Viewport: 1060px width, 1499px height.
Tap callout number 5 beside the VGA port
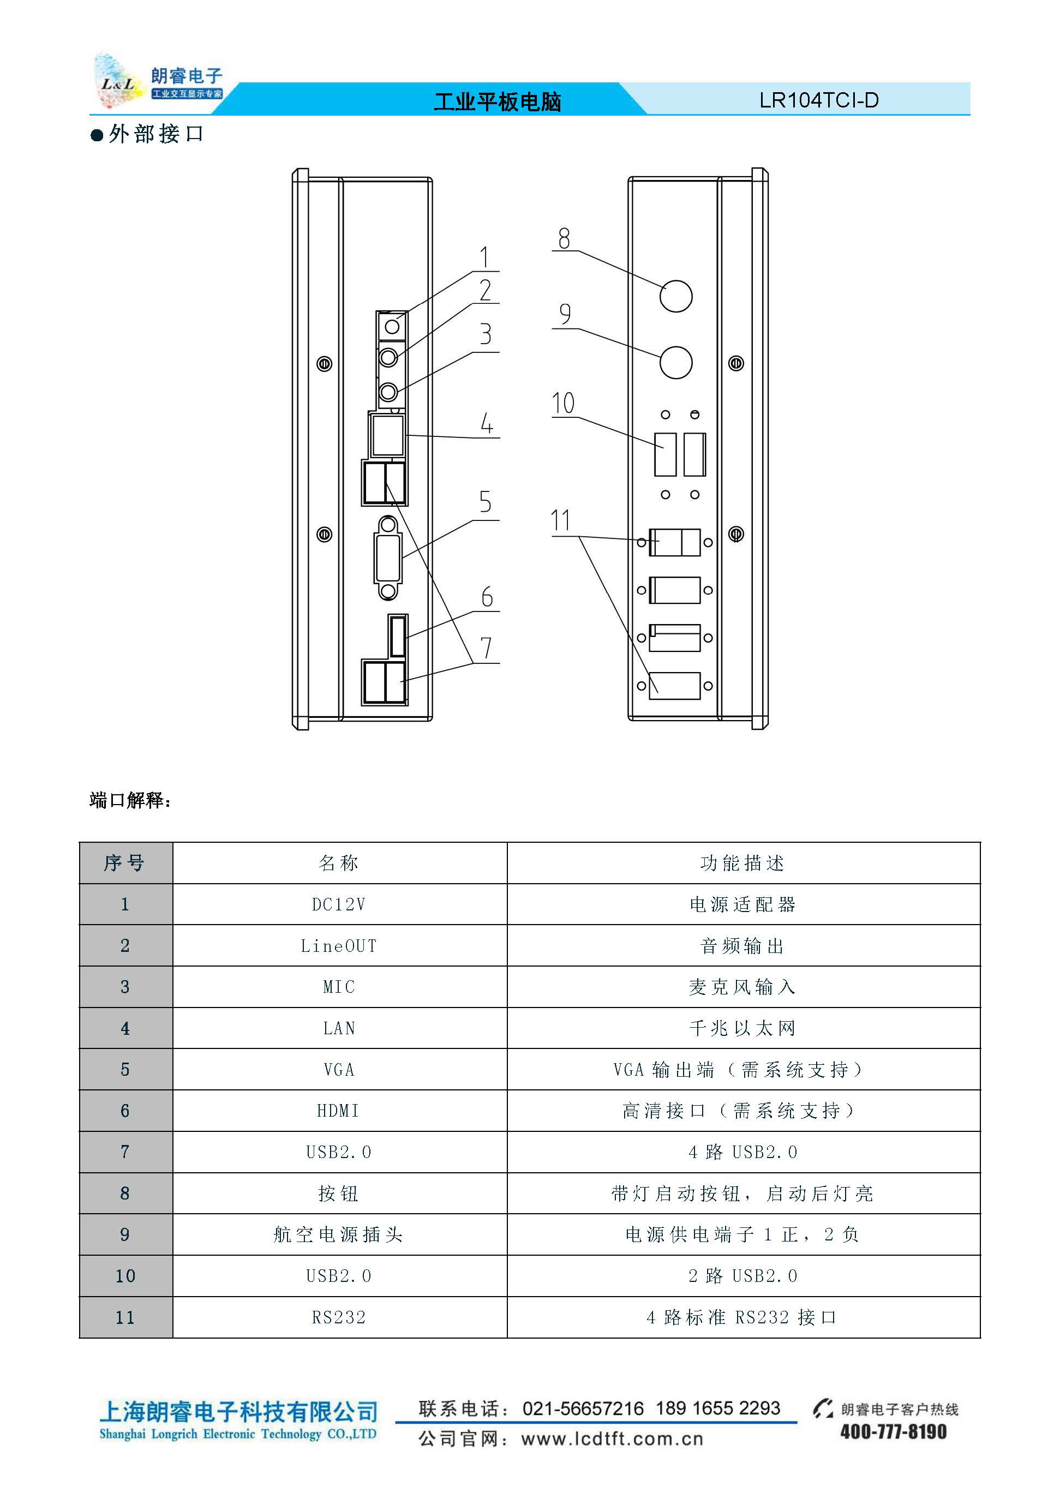pos(485,501)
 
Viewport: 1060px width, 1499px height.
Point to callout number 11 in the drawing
pos(561,520)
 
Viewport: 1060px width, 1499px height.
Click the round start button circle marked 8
pos(675,296)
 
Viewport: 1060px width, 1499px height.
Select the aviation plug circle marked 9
pos(675,362)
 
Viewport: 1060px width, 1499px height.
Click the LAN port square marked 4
pos(388,435)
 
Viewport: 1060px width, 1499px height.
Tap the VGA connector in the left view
pos(388,557)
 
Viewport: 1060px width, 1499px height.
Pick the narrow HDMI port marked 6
pos(398,635)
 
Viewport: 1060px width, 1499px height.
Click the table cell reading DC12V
pos(339,904)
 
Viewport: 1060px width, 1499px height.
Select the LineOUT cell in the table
pos(339,945)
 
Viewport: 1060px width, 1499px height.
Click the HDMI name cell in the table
pos(339,1111)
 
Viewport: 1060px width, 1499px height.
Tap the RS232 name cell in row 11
pos(339,1317)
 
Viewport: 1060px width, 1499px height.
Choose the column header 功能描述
pos(742,863)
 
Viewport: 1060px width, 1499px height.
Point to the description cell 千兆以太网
pos(742,1028)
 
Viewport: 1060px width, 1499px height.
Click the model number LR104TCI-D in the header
pos(819,100)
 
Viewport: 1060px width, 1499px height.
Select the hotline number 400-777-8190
pos(893,1432)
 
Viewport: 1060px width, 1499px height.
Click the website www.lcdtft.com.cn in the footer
pos(612,1438)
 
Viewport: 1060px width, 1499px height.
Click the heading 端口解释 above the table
pos(129,800)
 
